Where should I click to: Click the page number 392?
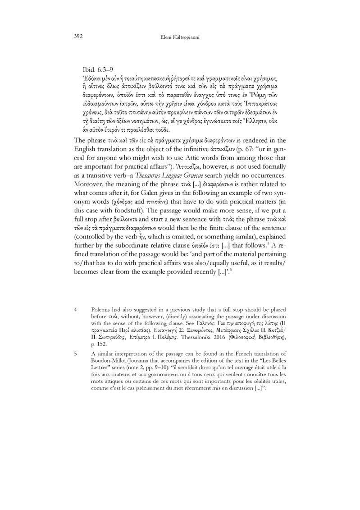coord(78,36)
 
